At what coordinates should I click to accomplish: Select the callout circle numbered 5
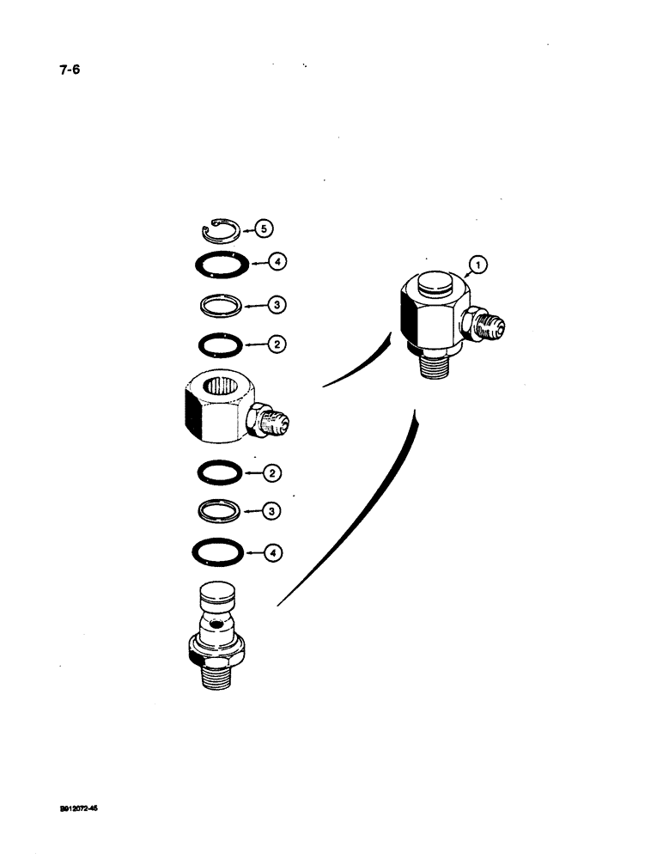pyautogui.click(x=265, y=228)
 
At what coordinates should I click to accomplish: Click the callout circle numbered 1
pyautogui.click(x=478, y=265)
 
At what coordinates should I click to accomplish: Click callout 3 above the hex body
pyautogui.click(x=275, y=304)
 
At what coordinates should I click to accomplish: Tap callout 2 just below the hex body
pyautogui.click(x=271, y=473)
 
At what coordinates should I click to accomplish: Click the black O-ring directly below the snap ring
pyautogui.click(x=220, y=263)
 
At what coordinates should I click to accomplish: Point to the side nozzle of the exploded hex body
pyautogui.click(x=274, y=420)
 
